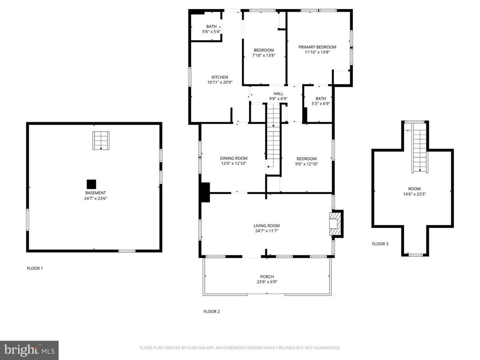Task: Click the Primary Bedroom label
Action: (x=317, y=47)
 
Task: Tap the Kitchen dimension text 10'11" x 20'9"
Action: (x=217, y=82)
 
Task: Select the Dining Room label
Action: (x=233, y=158)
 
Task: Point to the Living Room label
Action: (x=266, y=226)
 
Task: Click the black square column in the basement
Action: (x=91, y=184)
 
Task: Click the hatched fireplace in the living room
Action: (x=335, y=223)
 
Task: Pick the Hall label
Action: (x=279, y=94)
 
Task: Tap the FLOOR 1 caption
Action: (x=35, y=269)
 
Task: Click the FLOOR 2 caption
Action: (x=211, y=312)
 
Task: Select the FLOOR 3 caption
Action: (x=380, y=244)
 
